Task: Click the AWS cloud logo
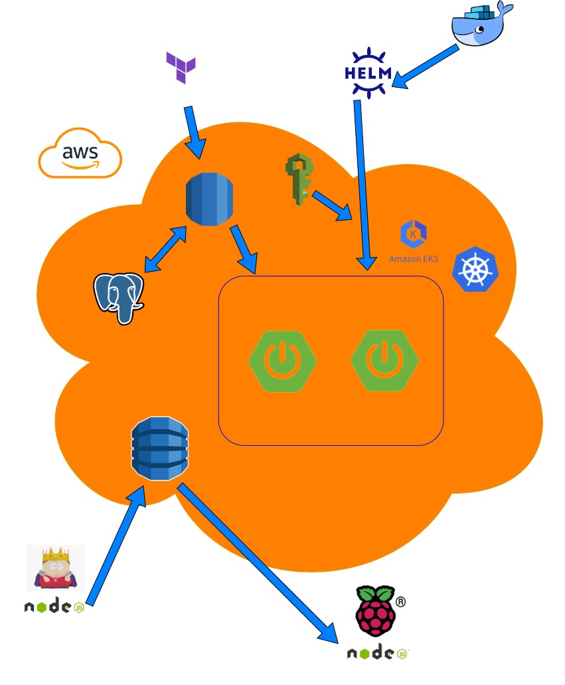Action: click(80, 152)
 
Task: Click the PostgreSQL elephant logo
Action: click(119, 297)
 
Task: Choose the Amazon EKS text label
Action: click(413, 259)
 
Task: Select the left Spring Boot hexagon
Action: click(282, 360)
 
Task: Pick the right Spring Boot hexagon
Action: click(385, 360)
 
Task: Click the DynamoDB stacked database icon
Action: click(160, 448)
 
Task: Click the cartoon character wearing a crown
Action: click(55, 568)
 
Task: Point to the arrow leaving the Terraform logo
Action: click(195, 131)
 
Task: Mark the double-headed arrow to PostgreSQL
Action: click(165, 249)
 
